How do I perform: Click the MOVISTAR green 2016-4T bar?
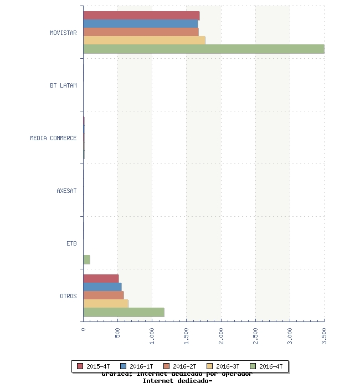203,49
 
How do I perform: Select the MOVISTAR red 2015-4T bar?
141,16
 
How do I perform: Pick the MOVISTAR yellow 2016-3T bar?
144,40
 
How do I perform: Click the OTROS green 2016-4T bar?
124,312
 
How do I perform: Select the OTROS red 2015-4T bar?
101,279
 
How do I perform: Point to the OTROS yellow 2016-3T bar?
105,304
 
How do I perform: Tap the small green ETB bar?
86,259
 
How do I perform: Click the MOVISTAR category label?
63,33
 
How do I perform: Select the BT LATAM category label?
63,85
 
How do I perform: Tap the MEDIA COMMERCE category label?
53,138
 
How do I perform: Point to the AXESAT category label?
66,191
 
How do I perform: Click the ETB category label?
71,243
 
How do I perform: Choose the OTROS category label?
68,296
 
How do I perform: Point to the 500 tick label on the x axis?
117,333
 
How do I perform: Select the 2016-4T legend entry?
266,366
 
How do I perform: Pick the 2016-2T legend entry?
180,366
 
